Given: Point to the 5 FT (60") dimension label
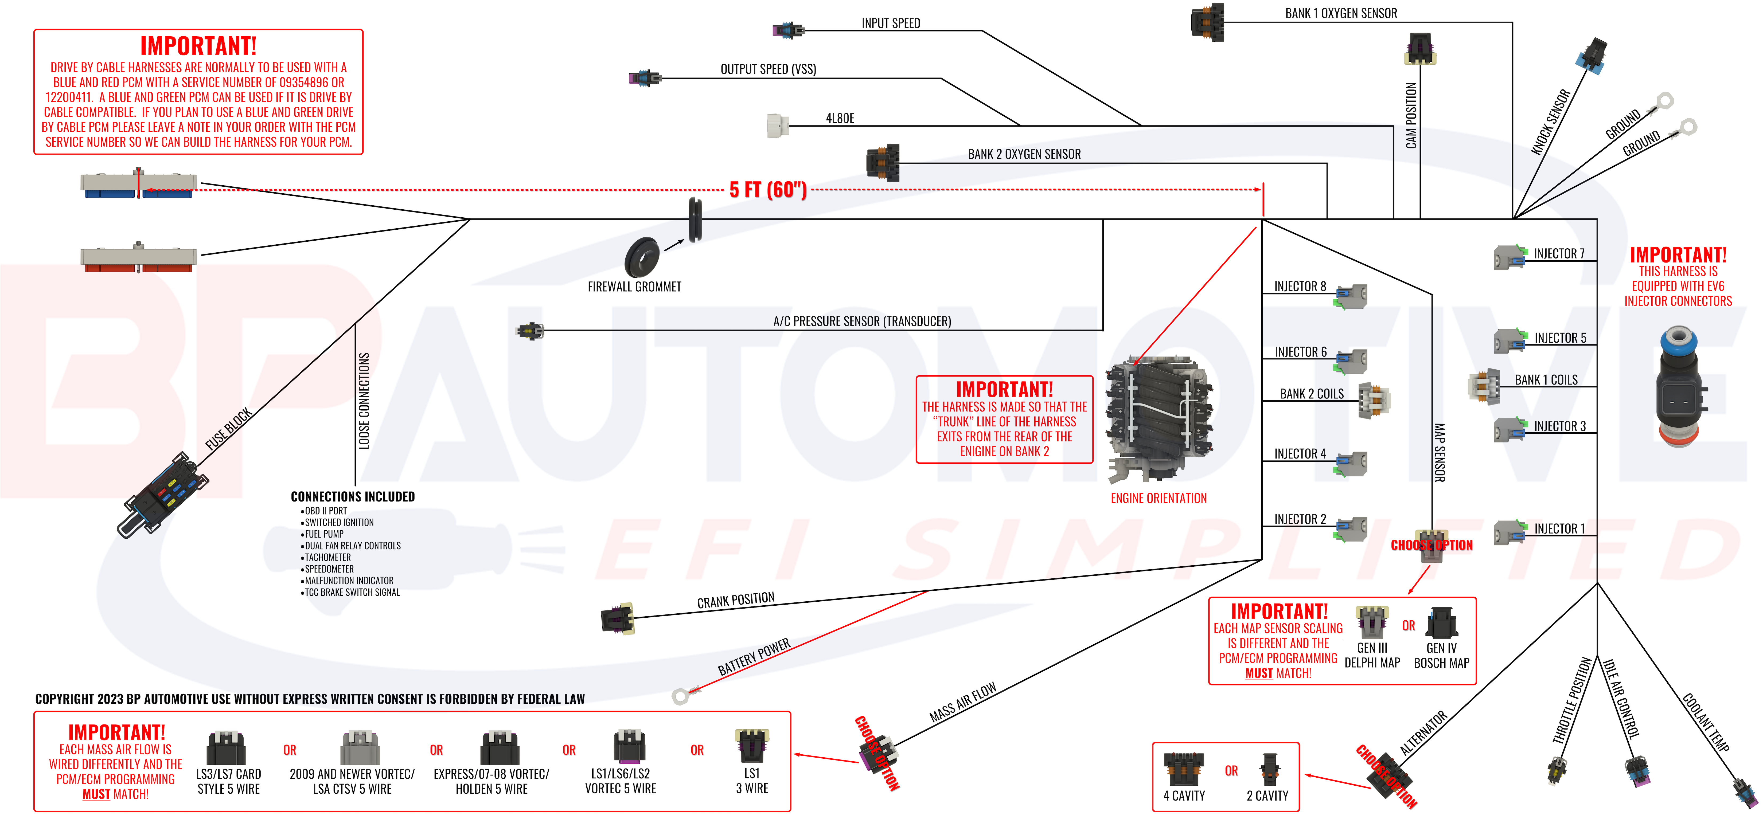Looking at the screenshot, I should tap(768, 190).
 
